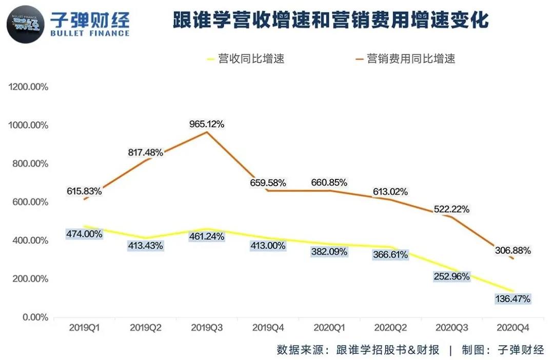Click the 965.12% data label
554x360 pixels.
(x=207, y=124)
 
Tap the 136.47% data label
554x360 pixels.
(x=513, y=298)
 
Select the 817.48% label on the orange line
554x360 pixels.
(x=145, y=152)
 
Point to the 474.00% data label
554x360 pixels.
(x=84, y=233)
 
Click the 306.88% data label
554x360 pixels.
(x=513, y=251)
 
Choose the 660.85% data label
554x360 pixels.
(x=329, y=182)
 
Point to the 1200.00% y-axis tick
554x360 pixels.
(x=28, y=87)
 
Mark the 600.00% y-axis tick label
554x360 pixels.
(x=30, y=202)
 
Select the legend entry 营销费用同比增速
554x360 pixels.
(x=411, y=58)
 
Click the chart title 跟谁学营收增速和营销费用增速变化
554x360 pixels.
(x=330, y=21)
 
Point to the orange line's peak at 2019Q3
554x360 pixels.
(x=207, y=132)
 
